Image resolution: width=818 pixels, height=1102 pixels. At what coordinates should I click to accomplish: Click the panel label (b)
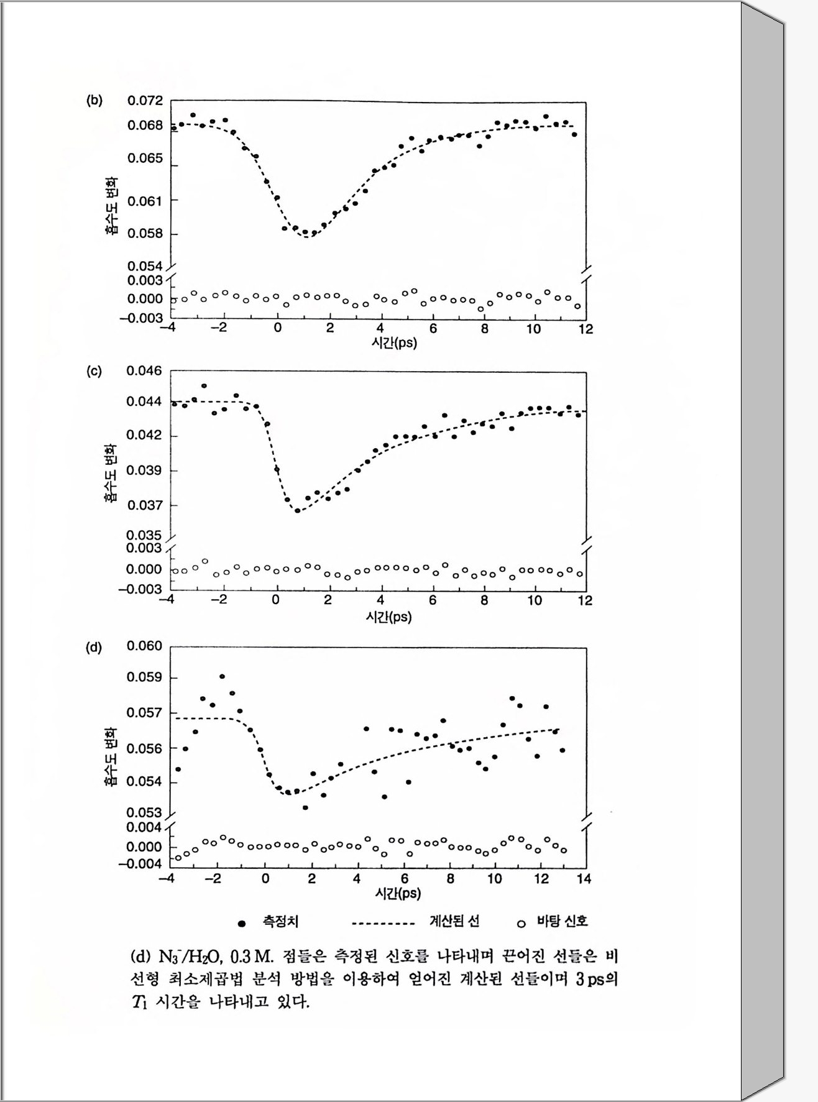(x=94, y=101)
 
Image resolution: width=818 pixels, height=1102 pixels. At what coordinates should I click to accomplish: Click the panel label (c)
(x=94, y=372)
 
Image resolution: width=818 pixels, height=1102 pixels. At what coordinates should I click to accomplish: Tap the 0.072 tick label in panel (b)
(x=145, y=101)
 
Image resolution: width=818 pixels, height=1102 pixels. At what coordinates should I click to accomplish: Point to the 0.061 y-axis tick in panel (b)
(x=145, y=201)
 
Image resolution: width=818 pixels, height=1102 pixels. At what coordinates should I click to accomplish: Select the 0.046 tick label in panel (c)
(x=144, y=371)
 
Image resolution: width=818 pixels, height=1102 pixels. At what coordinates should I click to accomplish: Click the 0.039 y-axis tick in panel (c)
(x=144, y=471)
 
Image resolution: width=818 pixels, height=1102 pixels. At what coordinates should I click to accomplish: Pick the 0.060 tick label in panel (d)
(x=144, y=646)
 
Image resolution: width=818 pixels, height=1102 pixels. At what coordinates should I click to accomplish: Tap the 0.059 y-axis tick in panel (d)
(x=144, y=677)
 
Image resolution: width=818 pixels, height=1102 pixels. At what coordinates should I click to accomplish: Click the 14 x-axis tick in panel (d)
(x=584, y=879)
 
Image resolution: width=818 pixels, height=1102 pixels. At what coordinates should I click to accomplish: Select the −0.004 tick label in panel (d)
(x=140, y=864)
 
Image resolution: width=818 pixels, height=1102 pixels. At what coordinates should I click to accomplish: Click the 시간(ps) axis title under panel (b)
(x=394, y=343)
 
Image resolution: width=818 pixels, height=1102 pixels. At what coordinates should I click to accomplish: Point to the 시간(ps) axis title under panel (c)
(x=388, y=617)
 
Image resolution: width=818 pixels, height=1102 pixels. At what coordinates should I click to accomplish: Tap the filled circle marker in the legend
(x=242, y=924)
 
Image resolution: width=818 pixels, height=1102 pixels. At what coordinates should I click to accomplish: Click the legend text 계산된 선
(x=454, y=921)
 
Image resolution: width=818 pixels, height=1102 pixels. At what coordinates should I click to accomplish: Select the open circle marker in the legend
(x=522, y=924)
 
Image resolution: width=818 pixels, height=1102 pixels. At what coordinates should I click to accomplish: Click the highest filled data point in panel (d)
(x=222, y=676)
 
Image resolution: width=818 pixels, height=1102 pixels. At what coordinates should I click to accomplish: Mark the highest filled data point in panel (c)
(x=204, y=386)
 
